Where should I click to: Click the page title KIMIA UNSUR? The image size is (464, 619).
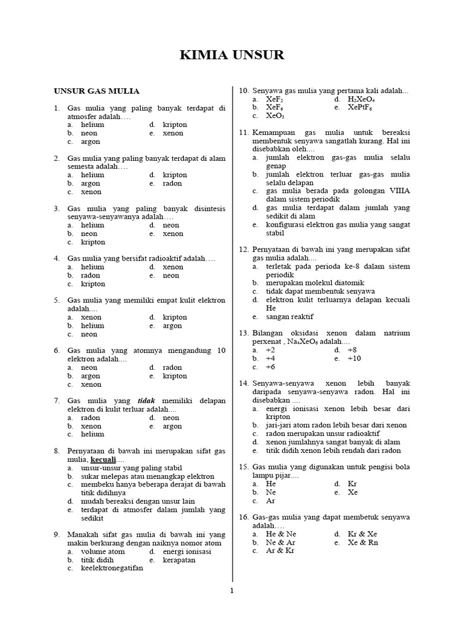click(232, 56)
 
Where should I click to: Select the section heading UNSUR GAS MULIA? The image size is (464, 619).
click(97, 91)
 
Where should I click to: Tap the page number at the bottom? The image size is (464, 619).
click(231, 591)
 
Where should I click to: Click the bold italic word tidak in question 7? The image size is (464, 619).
click(147, 401)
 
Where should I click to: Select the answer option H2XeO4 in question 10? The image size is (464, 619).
click(362, 99)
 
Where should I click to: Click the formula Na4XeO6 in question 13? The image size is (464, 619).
click(304, 342)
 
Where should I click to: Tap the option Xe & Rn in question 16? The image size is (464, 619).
click(362, 543)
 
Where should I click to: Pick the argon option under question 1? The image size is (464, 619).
click(91, 141)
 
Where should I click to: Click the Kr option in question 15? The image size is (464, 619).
click(353, 484)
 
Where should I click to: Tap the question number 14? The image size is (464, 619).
click(244, 383)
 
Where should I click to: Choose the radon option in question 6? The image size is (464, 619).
click(172, 367)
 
